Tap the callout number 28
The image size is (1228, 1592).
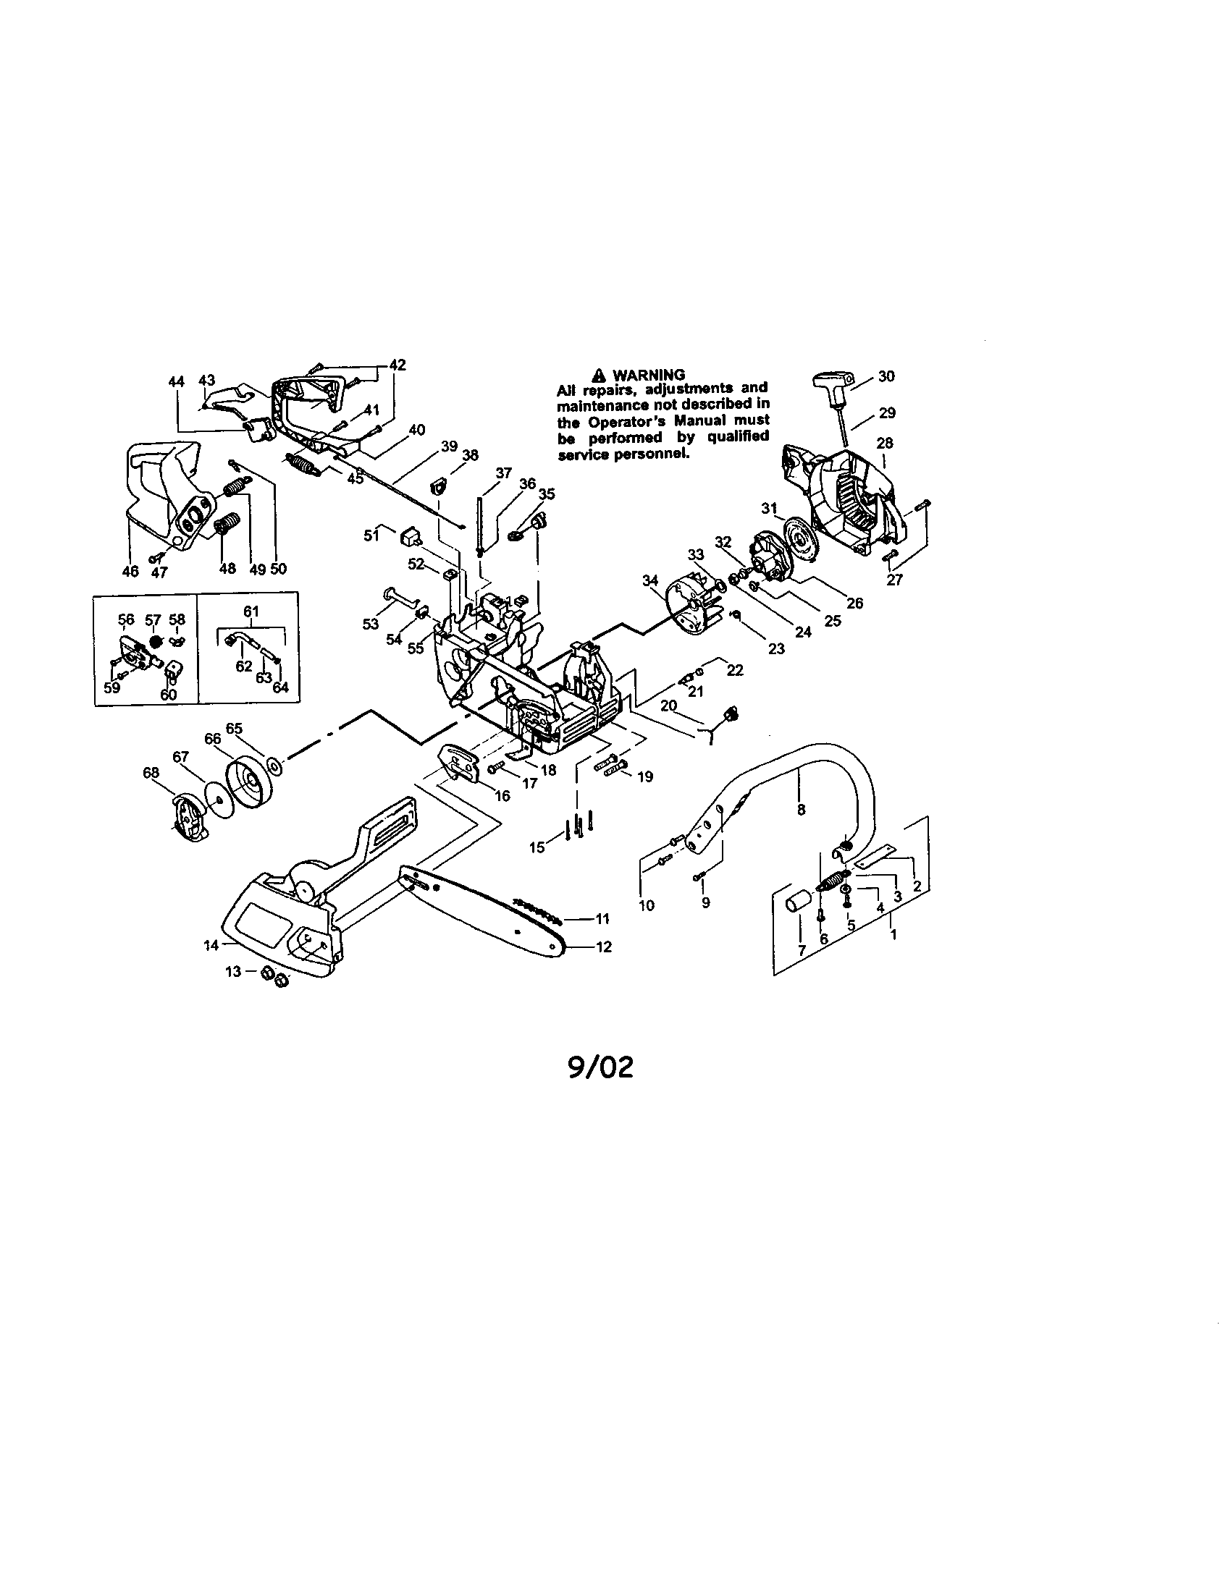point(885,442)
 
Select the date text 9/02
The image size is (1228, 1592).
point(600,1067)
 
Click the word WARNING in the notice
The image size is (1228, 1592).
point(648,375)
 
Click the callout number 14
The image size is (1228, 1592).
point(211,946)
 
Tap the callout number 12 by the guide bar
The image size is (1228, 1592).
point(604,947)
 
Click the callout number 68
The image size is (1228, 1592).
point(151,773)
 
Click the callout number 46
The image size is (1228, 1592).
point(130,571)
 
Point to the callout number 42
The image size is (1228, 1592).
point(398,365)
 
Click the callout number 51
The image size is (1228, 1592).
point(371,535)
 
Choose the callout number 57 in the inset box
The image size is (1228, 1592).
point(152,619)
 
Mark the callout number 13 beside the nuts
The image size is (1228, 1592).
point(232,971)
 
